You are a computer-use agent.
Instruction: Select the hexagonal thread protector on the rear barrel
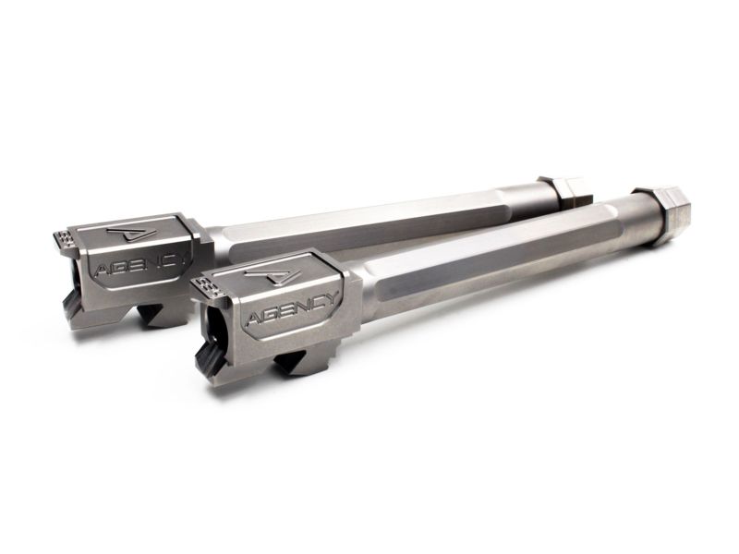(x=565, y=191)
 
